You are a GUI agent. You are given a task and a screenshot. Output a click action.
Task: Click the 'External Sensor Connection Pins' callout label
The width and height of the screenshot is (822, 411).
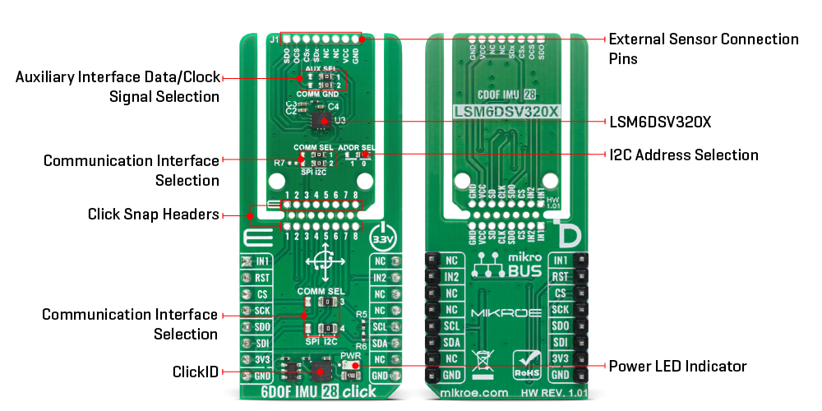703,48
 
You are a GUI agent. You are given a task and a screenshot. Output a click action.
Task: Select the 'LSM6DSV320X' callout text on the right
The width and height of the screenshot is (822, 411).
660,122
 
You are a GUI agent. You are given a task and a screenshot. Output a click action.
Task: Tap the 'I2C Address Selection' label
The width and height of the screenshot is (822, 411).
683,155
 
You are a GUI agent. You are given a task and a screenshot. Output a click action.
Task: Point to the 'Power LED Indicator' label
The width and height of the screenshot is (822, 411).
677,366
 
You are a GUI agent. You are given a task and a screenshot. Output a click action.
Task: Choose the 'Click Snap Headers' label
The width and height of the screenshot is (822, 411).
154,215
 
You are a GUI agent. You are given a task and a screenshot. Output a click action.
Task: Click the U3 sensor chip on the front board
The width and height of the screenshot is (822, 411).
321,122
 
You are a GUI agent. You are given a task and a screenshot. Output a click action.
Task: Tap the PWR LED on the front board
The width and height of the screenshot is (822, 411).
353,366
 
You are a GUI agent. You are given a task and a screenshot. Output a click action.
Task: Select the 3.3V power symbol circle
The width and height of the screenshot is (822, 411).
383,236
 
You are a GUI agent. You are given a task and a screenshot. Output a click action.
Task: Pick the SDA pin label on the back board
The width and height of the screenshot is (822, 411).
450,343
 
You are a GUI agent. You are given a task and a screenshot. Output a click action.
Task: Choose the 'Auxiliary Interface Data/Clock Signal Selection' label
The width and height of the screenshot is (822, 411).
118,86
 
